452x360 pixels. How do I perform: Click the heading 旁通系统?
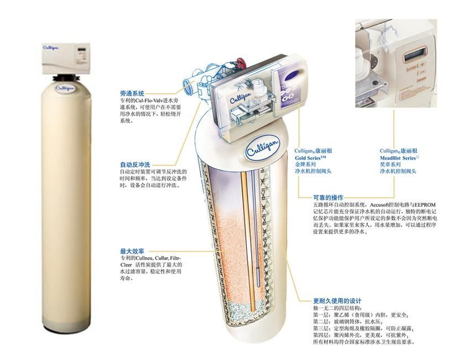(x=132, y=94)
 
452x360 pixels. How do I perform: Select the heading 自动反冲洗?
(x=135, y=165)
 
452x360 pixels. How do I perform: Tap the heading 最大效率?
(x=132, y=251)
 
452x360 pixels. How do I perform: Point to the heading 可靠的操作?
(x=328, y=198)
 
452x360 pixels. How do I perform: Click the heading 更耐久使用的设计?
(x=337, y=301)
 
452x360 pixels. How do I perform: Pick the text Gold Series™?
(x=310, y=158)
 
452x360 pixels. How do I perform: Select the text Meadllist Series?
(x=398, y=158)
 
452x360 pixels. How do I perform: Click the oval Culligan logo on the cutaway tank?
(x=262, y=149)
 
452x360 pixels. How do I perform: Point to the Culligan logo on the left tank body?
(x=65, y=88)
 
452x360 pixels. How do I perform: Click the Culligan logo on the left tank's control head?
(x=51, y=48)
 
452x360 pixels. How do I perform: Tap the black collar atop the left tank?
(x=66, y=78)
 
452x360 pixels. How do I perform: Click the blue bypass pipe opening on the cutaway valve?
(x=188, y=86)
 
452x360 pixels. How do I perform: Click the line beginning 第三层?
(x=364, y=328)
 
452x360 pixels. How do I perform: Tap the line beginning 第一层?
(x=361, y=315)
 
